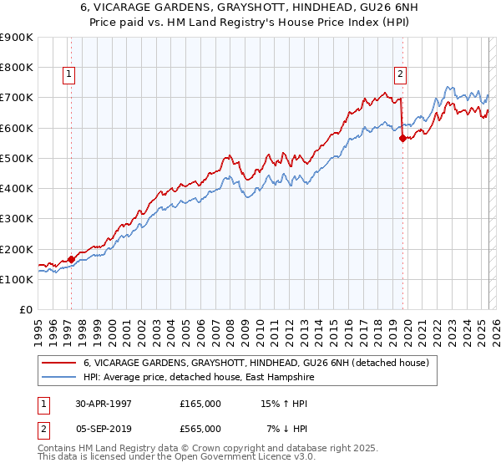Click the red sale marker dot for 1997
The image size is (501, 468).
72,259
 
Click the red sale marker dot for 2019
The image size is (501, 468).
402,139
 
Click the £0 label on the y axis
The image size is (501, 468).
27,310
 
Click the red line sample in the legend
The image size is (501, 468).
58,363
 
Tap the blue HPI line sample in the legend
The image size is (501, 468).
58,378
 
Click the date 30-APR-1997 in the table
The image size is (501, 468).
102,404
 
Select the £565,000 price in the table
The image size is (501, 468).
200,429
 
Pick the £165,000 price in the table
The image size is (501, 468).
200,404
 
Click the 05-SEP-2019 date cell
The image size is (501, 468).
102,429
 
